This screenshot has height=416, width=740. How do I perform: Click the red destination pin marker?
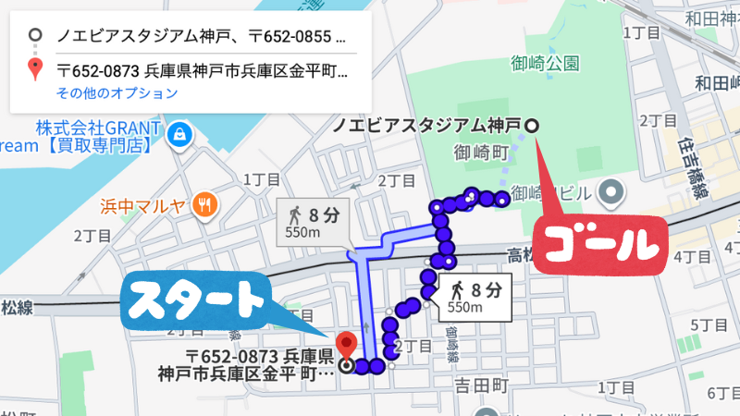pyautogui.click(x=346, y=346)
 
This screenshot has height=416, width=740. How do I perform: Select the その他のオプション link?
pyautogui.click(x=117, y=93)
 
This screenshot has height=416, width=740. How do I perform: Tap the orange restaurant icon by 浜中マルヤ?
pyautogui.click(x=206, y=205)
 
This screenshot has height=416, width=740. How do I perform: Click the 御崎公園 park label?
pyautogui.click(x=545, y=63)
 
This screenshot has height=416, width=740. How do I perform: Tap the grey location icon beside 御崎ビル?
pyautogui.click(x=610, y=193)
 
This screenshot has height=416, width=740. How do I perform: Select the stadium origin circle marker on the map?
pyautogui.click(x=532, y=125)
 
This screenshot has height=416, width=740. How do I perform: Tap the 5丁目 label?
pyautogui.click(x=712, y=325)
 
